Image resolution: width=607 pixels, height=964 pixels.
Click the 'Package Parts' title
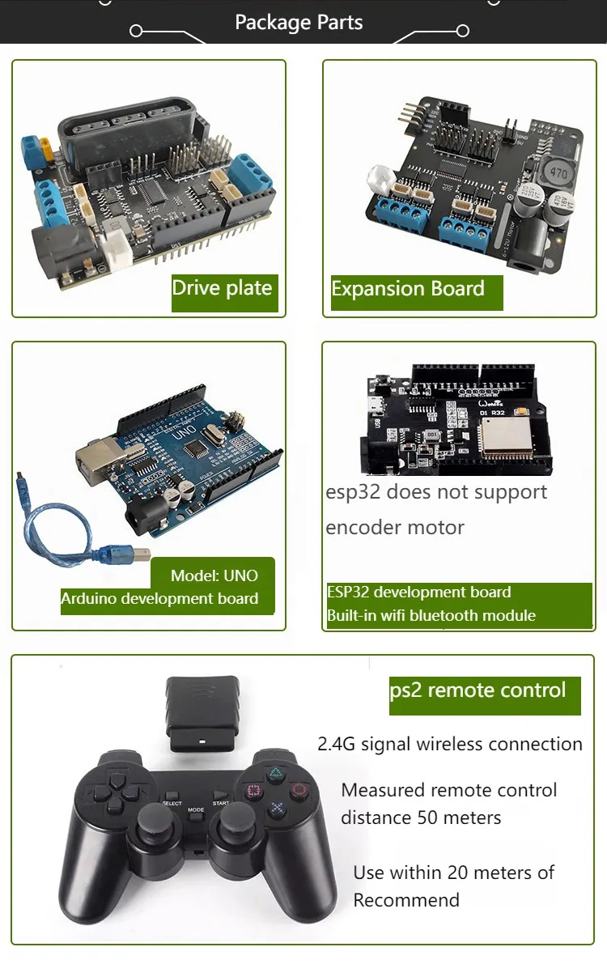[299, 22]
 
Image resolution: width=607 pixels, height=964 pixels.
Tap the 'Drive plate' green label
[223, 288]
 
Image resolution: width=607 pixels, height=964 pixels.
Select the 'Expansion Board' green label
[409, 289]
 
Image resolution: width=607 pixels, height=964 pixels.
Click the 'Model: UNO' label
[214, 575]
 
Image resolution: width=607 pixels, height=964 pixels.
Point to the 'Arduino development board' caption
[159, 599]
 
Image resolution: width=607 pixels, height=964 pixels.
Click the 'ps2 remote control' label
[478, 690]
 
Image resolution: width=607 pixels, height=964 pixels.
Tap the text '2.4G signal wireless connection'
[450, 744]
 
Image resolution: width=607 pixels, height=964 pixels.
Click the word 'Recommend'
[406, 900]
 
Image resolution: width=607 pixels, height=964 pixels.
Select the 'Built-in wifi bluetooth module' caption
[431, 615]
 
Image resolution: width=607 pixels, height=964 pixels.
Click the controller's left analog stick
[158, 826]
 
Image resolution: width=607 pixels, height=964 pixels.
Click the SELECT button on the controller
[172, 804]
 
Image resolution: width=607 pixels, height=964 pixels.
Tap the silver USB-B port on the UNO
[96, 461]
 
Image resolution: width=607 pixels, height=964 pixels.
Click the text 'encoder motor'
[395, 528]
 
